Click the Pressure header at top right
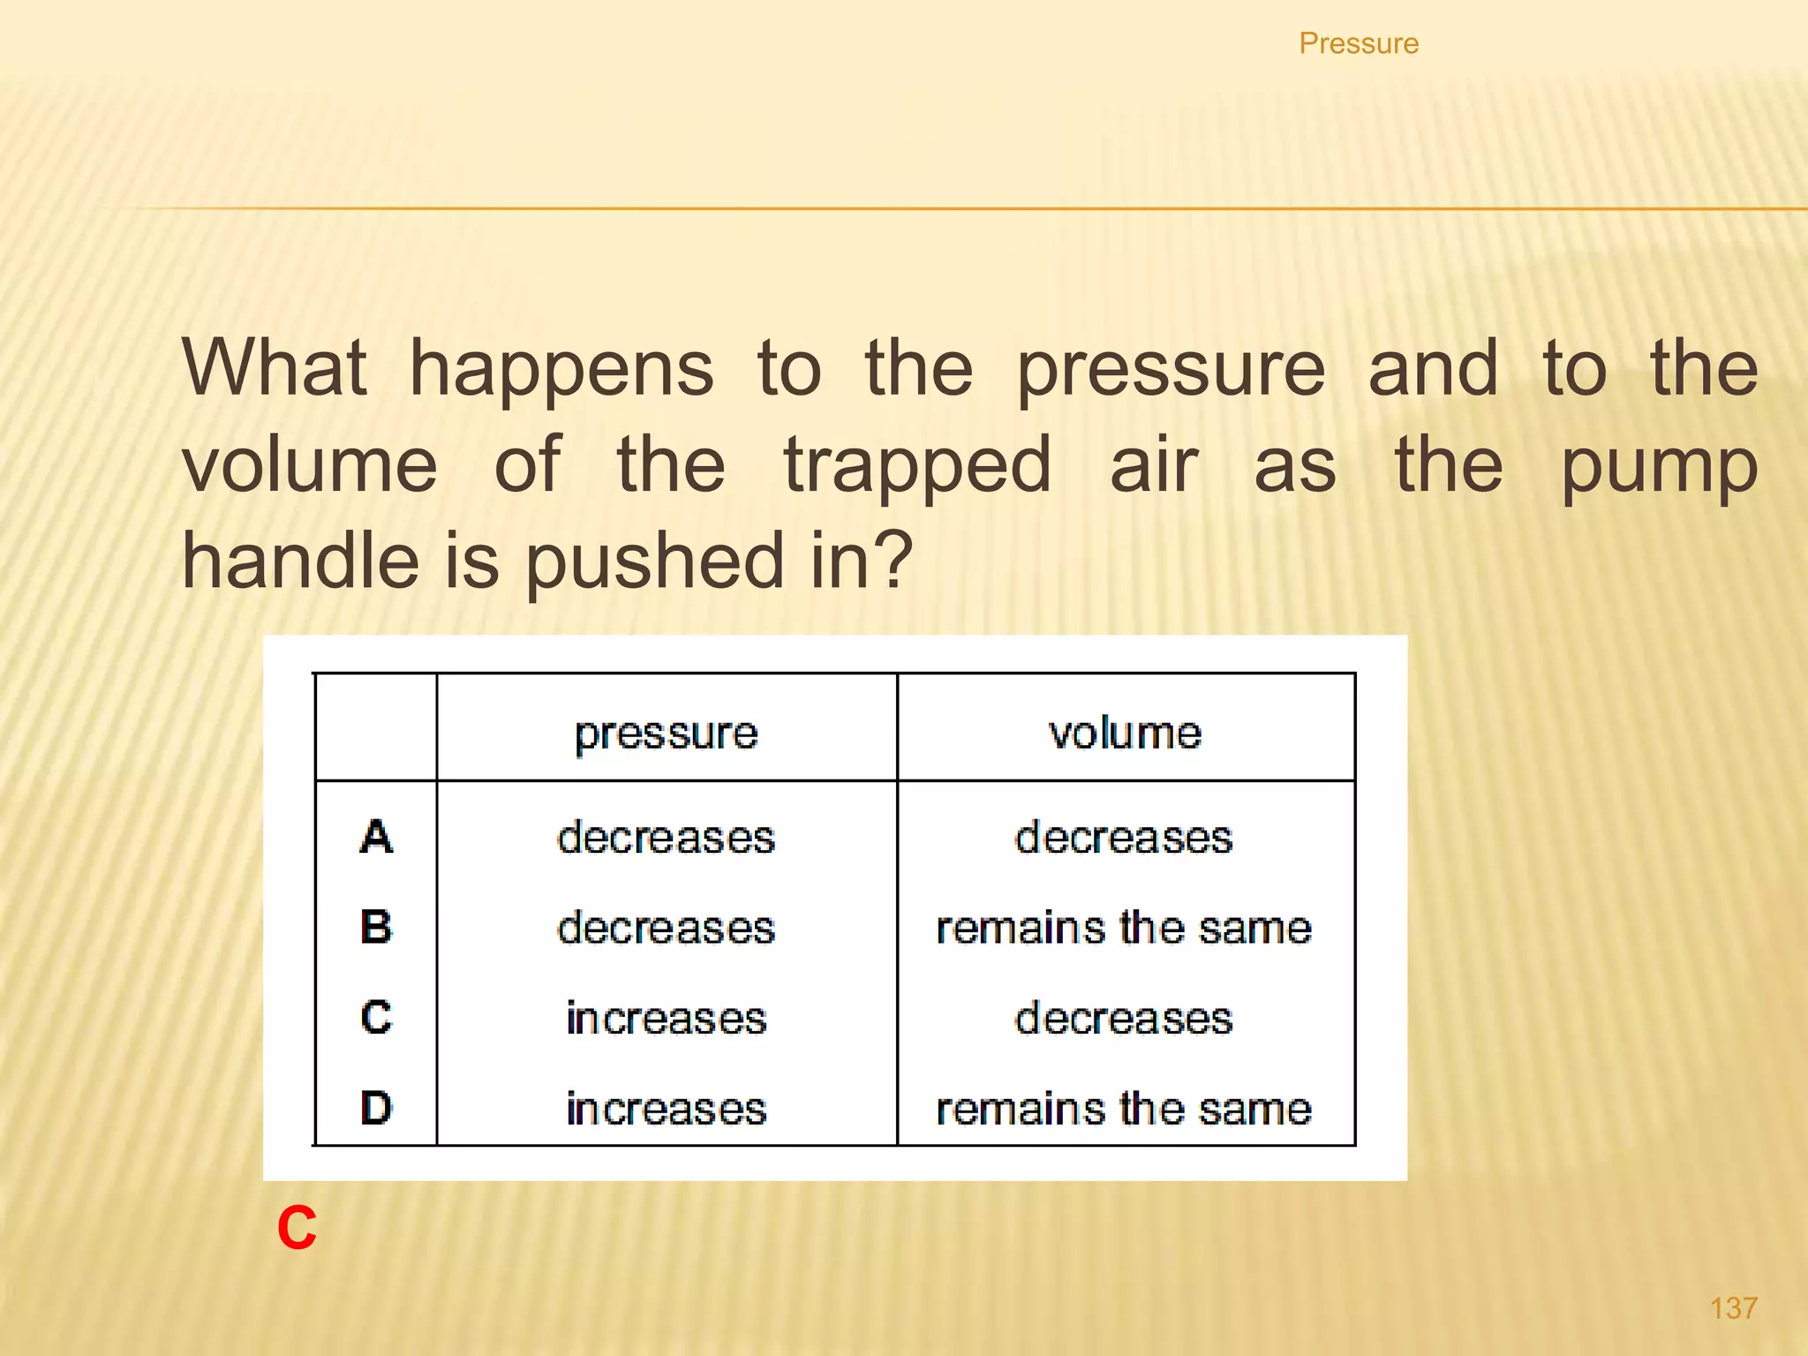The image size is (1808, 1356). pos(1359,43)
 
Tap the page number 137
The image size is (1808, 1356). pos(1733,1308)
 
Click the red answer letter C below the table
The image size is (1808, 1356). pos(297,1228)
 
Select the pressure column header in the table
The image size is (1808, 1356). pos(667,734)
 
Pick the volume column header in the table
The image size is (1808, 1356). pos(1126,734)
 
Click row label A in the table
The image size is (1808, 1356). pos(376,837)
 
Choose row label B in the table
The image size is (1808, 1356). pos(376,928)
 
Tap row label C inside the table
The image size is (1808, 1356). pos(376,1018)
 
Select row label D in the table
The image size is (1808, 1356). pos(376,1108)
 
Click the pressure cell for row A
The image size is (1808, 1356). pos(667,838)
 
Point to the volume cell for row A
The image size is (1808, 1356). pos(1124,838)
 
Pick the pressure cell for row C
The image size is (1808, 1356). pos(667,1019)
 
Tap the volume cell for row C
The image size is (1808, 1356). pos(1124,1019)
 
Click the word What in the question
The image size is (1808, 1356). pos(275,368)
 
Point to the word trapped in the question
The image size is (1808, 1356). pos(918,466)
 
